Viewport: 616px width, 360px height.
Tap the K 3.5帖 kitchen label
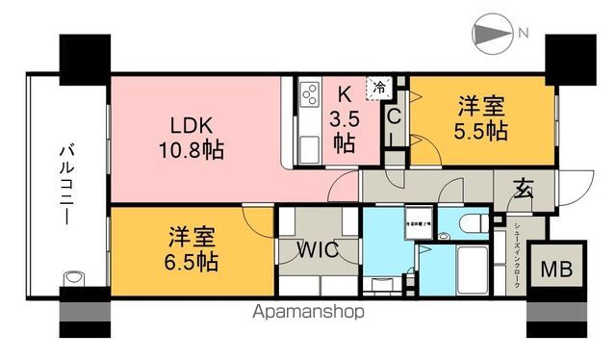point(343,118)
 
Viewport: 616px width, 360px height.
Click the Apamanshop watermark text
point(307,313)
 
